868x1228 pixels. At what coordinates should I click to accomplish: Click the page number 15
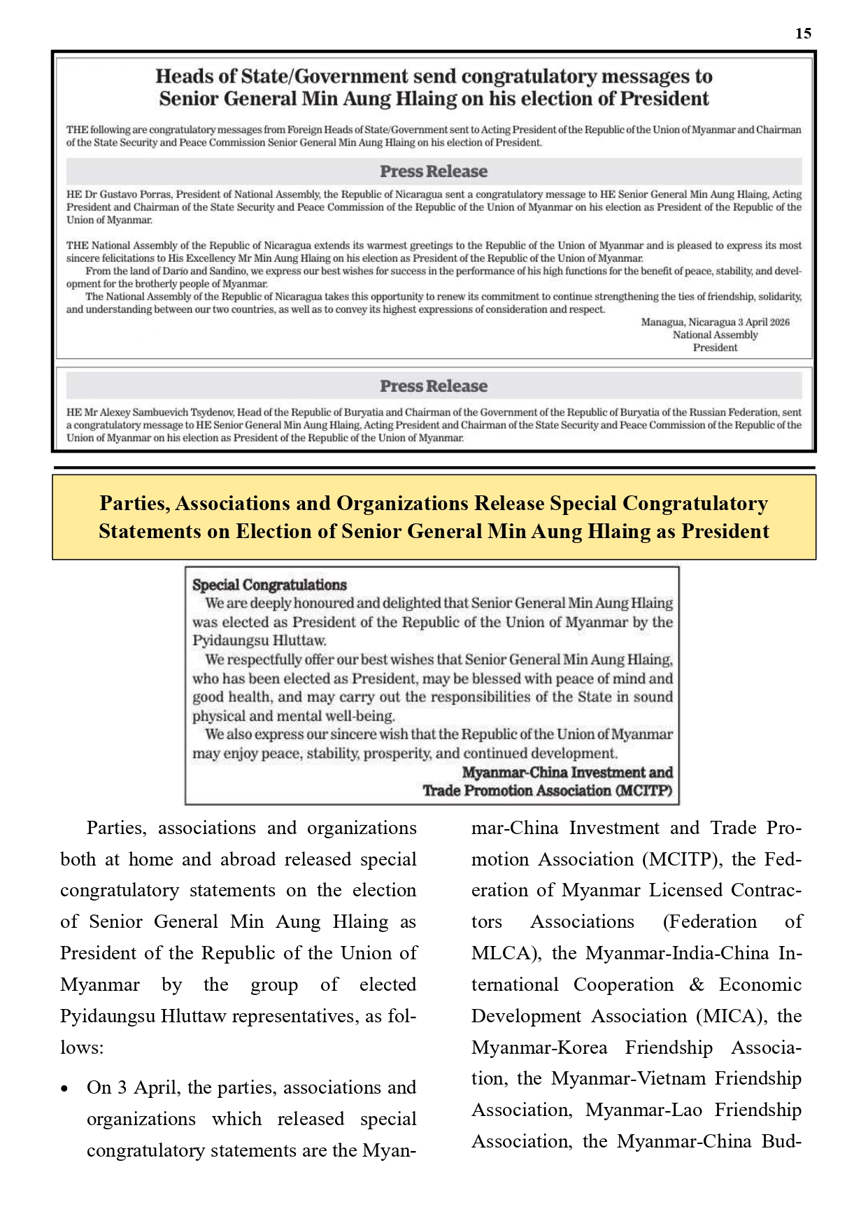coord(803,34)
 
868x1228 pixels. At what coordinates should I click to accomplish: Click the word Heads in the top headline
coord(183,76)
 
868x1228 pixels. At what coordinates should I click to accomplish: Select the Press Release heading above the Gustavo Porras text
coord(434,171)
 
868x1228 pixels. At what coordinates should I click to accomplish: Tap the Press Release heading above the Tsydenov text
coord(434,386)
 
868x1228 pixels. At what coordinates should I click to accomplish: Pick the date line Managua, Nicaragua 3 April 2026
coord(715,323)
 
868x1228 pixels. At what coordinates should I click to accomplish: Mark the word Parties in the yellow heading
coord(134,504)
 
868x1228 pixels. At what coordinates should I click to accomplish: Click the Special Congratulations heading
coord(269,585)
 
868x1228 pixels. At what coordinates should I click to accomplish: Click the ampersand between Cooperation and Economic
coord(696,985)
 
